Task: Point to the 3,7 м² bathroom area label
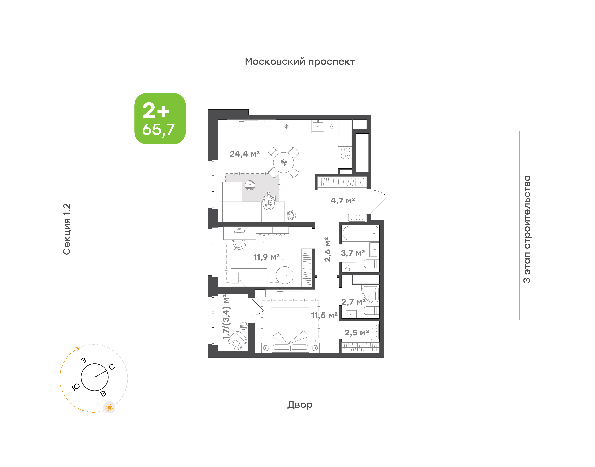[x=353, y=253]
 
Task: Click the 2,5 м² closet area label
[x=357, y=333]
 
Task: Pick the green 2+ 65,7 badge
[x=160, y=119]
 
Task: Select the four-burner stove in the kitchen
[x=345, y=153]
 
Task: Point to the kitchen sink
[x=318, y=126]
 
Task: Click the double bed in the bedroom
[x=290, y=330]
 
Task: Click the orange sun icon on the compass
[x=109, y=407]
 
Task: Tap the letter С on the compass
[x=112, y=367]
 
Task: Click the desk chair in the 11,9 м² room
[x=240, y=245]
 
